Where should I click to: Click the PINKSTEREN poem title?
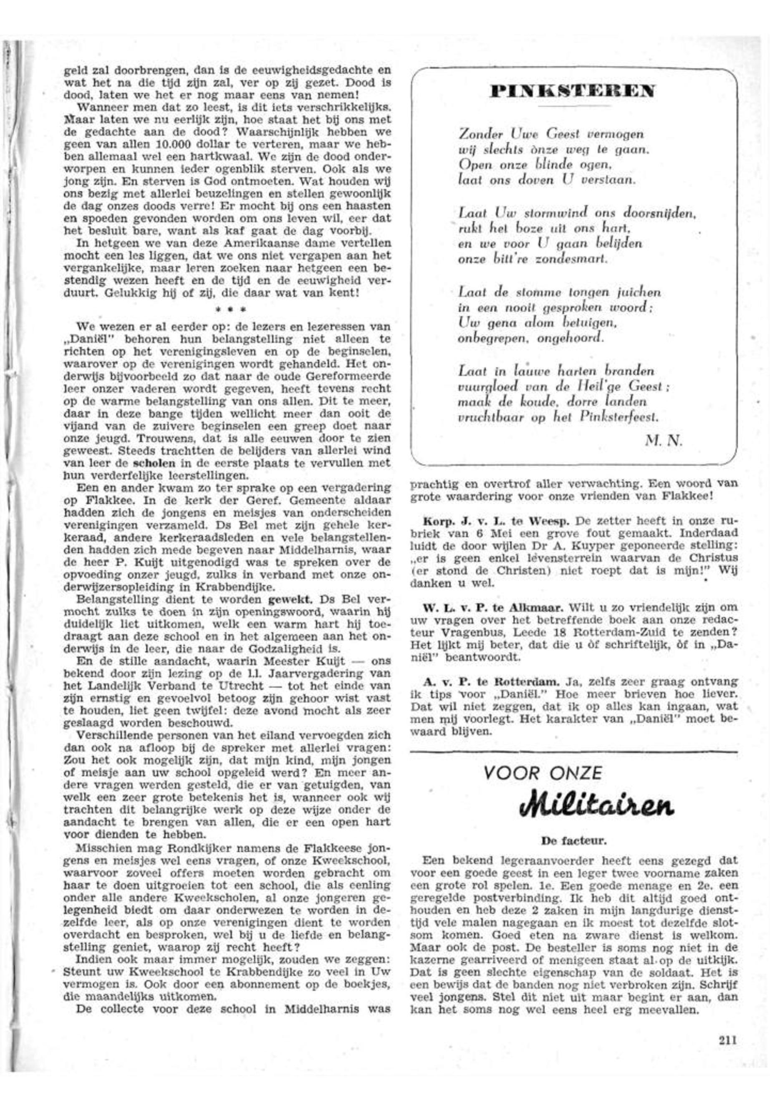tap(572, 91)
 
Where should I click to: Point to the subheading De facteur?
tap(574, 840)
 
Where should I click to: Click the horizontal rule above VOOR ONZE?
tap(574, 751)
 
